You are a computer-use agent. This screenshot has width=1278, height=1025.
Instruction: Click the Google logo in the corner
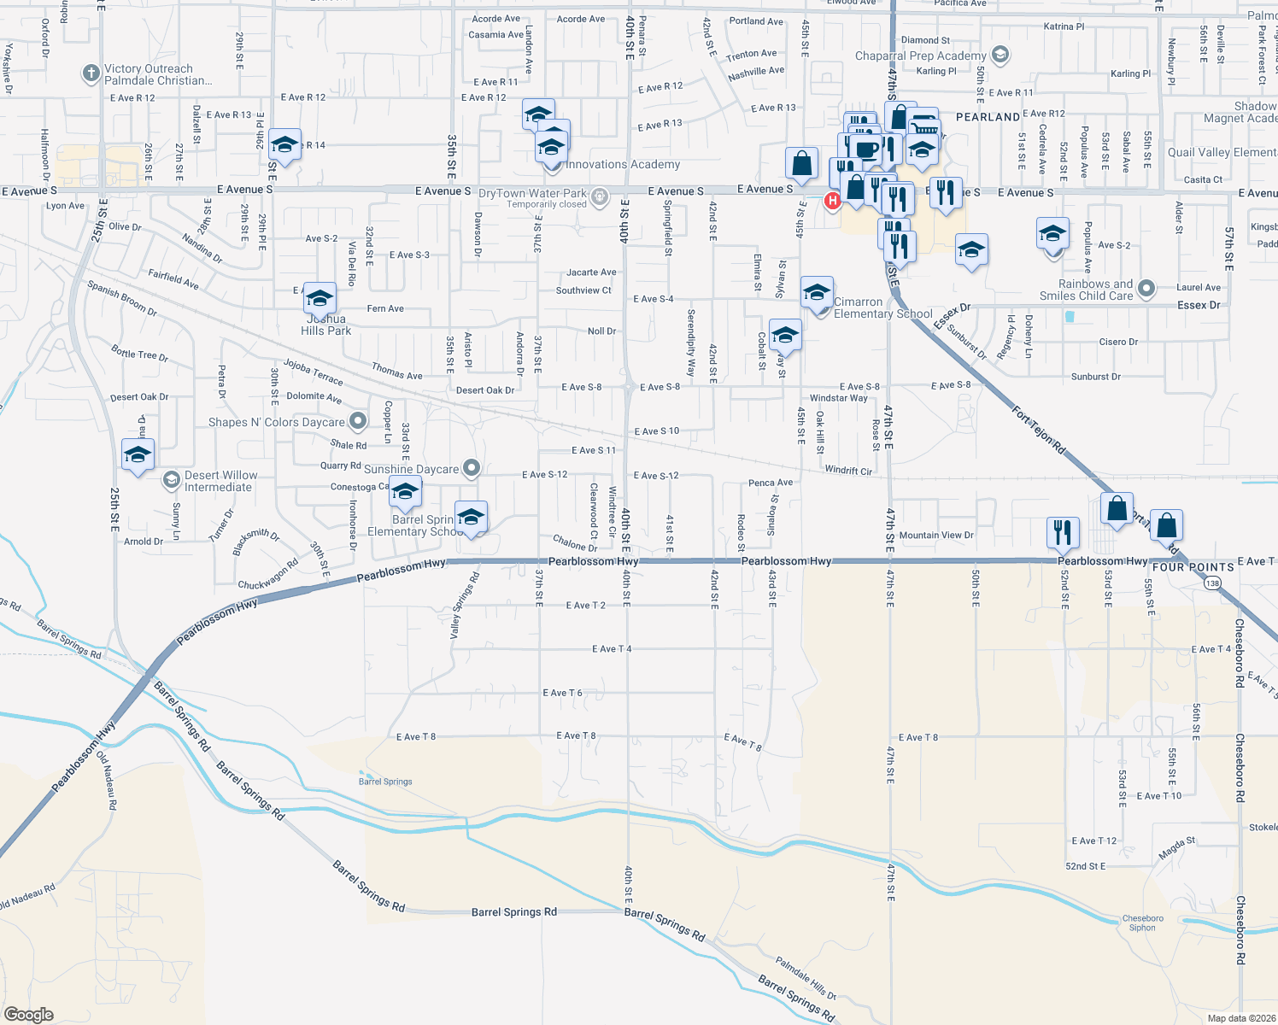29,1014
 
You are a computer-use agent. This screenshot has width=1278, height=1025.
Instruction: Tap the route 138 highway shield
1213,583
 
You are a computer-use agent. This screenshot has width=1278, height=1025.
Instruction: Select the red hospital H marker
832,201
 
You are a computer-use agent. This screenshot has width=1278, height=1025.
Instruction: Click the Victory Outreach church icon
91,73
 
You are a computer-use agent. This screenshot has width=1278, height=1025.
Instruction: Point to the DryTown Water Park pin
600,195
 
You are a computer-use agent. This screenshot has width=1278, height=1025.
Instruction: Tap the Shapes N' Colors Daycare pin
358,421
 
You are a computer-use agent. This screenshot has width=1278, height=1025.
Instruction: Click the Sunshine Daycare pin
472,468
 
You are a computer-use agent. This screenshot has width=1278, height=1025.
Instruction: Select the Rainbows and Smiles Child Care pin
1146,290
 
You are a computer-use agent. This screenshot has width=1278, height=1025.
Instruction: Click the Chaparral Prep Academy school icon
1000,56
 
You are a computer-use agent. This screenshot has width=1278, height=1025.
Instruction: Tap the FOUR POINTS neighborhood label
1193,567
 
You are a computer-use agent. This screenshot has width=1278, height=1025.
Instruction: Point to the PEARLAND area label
988,117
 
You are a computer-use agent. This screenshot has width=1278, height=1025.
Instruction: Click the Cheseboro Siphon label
1142,923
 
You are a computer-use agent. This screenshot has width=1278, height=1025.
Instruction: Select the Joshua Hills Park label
325,325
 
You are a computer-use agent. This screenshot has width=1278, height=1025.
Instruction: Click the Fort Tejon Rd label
1039,429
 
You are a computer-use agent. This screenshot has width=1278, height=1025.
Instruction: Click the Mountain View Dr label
936,536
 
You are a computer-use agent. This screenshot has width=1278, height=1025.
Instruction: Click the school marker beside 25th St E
138,454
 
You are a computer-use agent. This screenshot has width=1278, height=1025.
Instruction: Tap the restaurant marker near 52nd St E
1063,531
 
